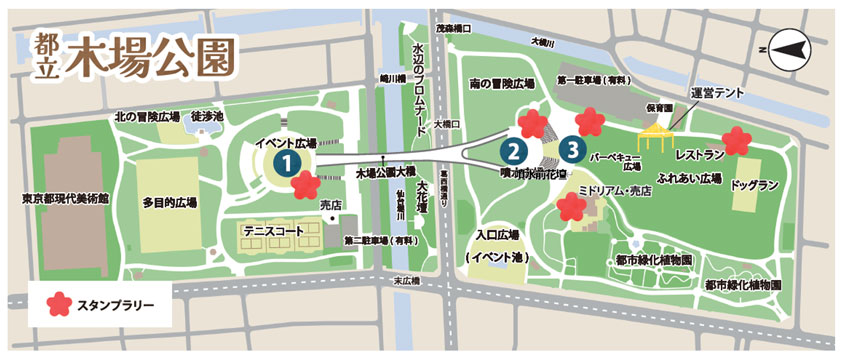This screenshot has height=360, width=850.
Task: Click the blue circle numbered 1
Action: (287, 160)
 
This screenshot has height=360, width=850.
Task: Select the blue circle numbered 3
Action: (572, 151)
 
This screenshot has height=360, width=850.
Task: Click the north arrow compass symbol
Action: (786, 46)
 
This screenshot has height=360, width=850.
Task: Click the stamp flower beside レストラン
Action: (736, 140)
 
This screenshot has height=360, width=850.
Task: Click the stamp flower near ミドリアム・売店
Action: (571, 208)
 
